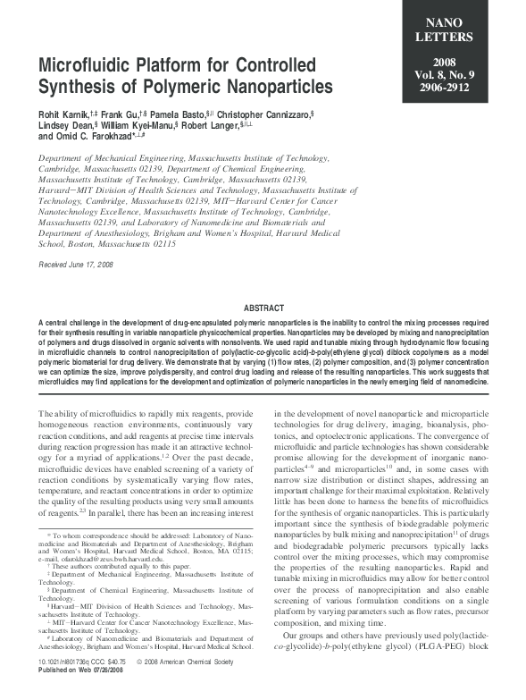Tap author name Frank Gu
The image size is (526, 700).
[x=125, y=115]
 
